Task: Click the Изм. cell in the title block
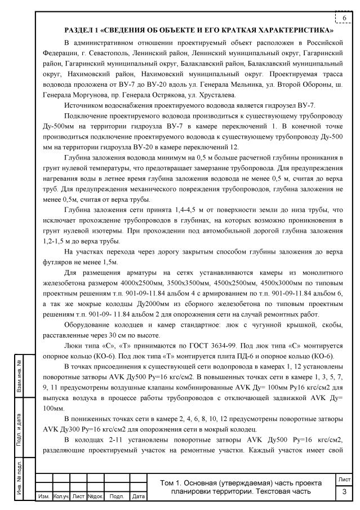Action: pos(43,496)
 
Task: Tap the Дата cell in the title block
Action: pos(137,496)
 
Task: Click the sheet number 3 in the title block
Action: pos(343,491)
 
